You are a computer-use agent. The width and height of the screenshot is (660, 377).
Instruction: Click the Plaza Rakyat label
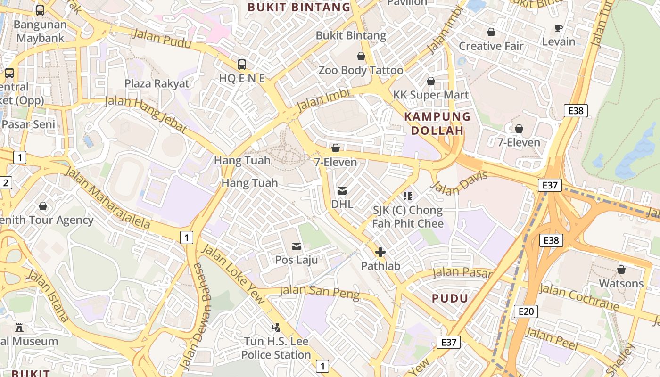(x=157, y=83)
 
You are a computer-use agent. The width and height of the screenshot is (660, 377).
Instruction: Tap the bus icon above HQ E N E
(x=242, y=65)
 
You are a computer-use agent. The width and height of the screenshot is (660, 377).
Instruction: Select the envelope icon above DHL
(x=342, y=191)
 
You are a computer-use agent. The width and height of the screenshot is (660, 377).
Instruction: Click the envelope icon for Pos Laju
(x=297, y=246)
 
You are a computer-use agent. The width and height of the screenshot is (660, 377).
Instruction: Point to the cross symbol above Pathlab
(x=380, y=252)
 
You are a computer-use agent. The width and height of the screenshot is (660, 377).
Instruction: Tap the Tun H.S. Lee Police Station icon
(x=276, y=327)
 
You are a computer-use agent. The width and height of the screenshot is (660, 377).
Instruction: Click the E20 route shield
(x=526, y=311)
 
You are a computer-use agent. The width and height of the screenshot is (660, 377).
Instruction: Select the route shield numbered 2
(x=5, y=183)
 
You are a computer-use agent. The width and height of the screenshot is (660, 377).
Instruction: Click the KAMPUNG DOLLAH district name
(x=437, y=123)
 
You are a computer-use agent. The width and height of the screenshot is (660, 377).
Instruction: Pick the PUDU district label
(x=450, y=298)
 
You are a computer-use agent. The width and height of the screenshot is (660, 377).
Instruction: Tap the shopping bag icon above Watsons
(x=621, y=270)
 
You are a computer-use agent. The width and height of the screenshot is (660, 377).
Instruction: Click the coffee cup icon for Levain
(x=559, y=28)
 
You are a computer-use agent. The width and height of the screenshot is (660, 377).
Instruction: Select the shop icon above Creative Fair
(x=491, y=32)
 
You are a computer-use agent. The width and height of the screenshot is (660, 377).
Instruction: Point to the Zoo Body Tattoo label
(x=361, y=71)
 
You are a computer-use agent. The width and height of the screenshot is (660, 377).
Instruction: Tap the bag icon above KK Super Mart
(x=430, y=81)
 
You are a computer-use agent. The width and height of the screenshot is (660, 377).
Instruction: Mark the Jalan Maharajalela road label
(x=107, y=198)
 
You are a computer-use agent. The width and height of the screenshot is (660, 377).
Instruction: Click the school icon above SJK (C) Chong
(x=408, y=196)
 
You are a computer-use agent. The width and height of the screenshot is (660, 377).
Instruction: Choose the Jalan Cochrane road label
(x=579, y=297)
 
